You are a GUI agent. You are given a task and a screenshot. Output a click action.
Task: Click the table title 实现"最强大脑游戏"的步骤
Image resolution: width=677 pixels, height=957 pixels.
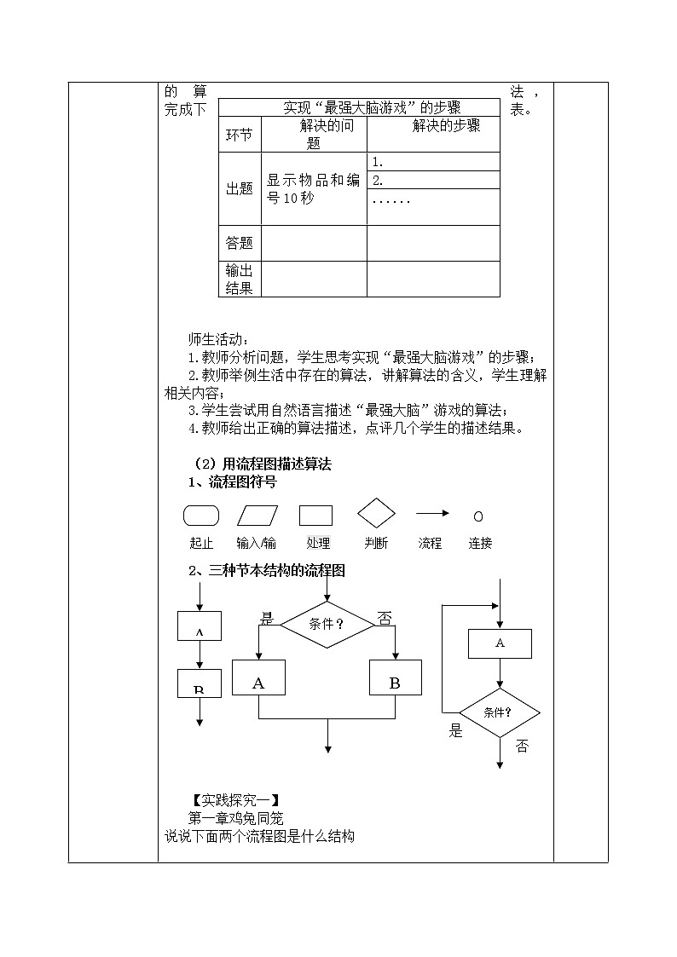[x=359, y=107]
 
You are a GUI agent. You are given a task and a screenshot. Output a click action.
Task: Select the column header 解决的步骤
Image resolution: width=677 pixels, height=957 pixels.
[x=434, y=126]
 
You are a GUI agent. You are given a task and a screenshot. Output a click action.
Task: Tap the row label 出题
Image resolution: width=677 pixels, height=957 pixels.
[x=240, y=188]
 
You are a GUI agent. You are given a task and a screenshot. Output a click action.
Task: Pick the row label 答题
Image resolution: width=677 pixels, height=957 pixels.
[x=240, y=243]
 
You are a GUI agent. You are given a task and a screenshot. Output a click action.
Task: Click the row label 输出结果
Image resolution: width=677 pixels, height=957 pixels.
[x=240, y=279]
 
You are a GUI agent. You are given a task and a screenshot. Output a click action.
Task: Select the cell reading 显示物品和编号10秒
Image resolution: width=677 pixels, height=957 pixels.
[x=313, y=189]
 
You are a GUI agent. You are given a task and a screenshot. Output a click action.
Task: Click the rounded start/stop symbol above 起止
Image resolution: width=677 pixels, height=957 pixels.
[x=201, y=516]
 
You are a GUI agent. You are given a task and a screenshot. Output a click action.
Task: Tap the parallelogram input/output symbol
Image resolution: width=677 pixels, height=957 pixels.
[x=257, y=516]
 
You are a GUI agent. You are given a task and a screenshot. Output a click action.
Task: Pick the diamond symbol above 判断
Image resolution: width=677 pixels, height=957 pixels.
[x=376, y=514]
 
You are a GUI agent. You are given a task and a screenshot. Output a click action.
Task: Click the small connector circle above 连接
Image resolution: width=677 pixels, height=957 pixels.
[x=478, y=516]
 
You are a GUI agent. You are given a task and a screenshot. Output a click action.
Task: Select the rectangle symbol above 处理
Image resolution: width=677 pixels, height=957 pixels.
[x=315, y=516]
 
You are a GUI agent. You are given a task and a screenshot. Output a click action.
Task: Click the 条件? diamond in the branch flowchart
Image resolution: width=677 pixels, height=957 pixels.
[x=327, y=624]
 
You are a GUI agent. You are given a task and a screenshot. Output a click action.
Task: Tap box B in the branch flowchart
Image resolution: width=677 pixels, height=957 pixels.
[x=395, y=683]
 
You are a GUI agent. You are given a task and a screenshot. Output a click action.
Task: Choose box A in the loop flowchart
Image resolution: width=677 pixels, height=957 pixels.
[x=500, y=643]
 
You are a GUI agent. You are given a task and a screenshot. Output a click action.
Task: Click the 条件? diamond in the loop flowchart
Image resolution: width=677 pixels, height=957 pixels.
[x=500, y=712]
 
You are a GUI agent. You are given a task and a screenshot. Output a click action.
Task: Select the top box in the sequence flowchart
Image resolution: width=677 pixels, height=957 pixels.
[x=199, y=626]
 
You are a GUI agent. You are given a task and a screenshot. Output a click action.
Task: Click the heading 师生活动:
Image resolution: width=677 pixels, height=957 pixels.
[x=217, y=339]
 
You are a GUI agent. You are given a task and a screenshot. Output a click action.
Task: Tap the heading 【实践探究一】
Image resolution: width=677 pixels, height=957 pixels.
[x=235, y=800]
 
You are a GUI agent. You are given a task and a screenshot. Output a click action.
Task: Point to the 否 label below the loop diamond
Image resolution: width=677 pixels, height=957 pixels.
[x=522, y=746]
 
